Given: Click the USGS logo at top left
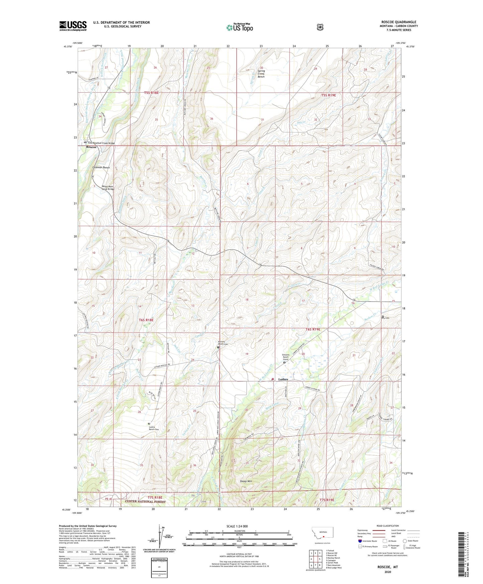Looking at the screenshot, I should (73, 26).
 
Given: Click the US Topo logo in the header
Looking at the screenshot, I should (239, 27).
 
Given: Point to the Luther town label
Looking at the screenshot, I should (283, 379).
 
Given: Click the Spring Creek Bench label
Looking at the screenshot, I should (261, 74).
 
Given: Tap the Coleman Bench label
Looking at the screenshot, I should (101, 167).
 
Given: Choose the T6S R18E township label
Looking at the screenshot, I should (146, 320).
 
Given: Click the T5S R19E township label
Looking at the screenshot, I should (329, 95).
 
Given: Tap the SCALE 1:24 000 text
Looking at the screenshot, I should (237, 526).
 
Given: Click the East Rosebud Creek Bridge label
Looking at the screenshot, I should (101, 143).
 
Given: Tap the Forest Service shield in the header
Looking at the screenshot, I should (320, 27).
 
